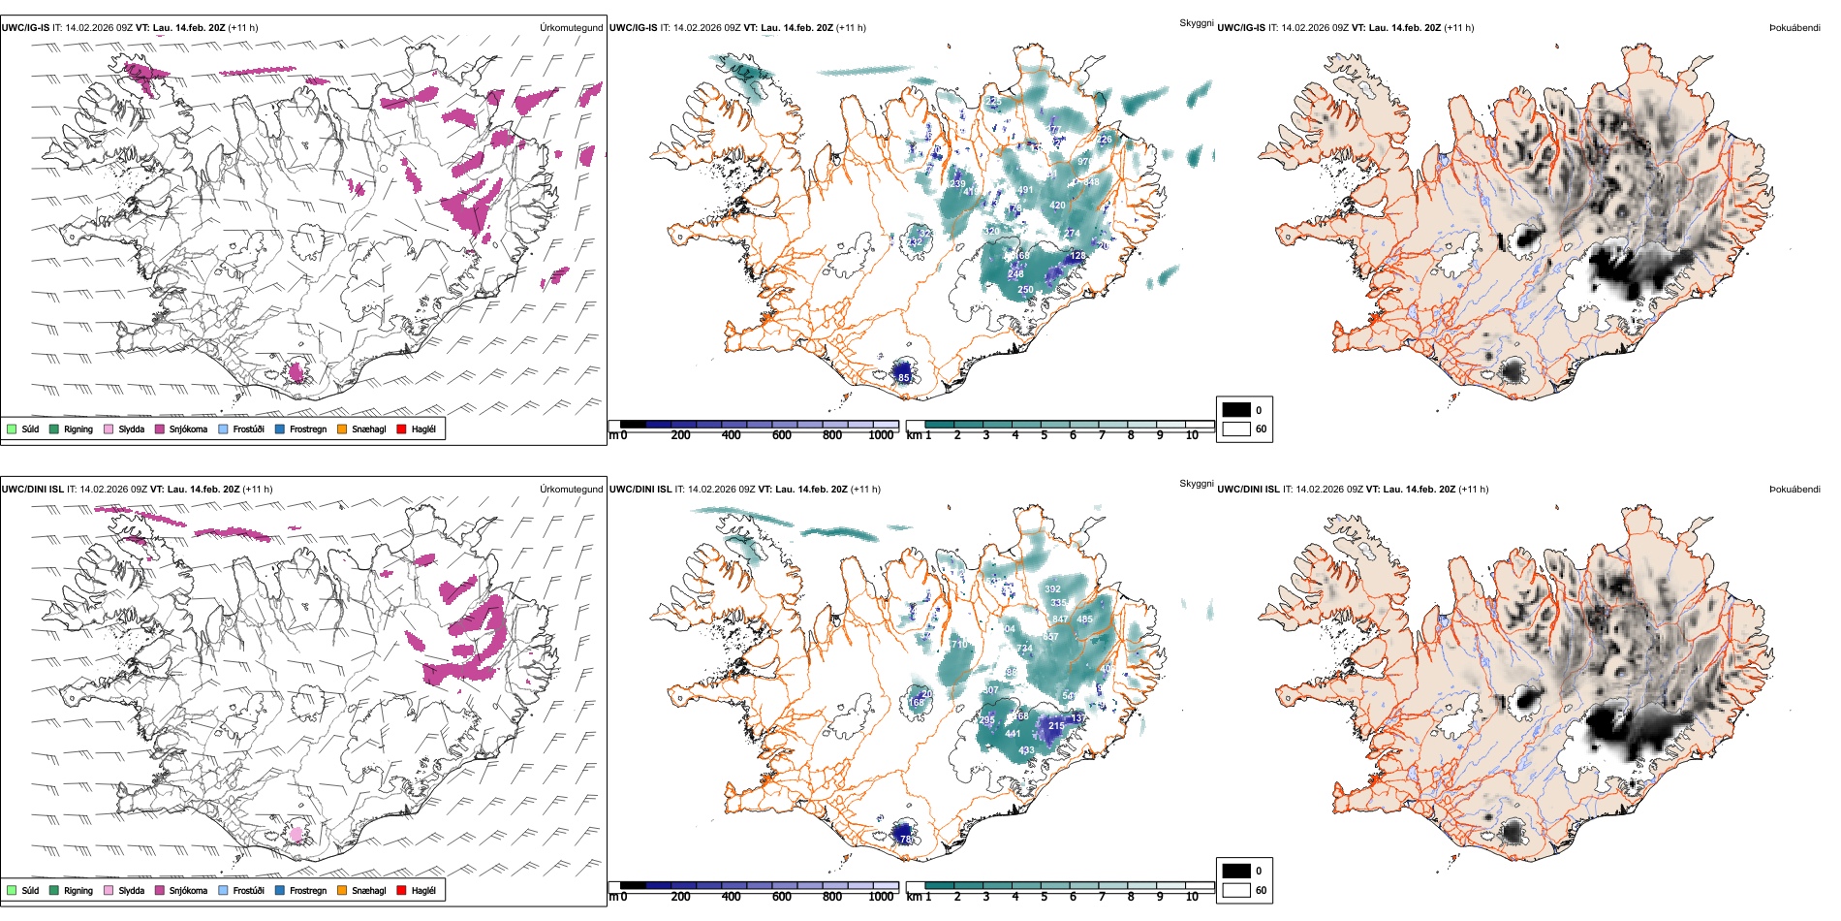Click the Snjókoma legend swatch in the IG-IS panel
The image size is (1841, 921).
click(160, 429)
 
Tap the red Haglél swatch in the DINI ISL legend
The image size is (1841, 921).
click(402, 890)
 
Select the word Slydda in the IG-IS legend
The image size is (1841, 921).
click(132, 429)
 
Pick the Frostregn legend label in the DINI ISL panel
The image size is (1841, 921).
click(308, 890)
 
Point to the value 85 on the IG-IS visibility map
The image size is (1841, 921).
click(904, 377)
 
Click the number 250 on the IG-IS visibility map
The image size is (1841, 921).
click(1025, 290)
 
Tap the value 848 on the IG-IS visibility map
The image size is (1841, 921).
click(1091, 182)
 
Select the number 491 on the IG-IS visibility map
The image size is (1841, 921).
click(1025, 190)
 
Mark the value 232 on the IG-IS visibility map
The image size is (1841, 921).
click(915, 242)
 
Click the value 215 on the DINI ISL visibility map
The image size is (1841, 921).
click(1056, 725)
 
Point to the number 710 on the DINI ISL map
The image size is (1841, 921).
click(959, 645)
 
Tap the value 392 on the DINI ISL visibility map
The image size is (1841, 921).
click(1052, 588)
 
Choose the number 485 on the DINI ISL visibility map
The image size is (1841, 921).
click(1084, 619)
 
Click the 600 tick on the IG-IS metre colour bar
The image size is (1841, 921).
click(782, 435)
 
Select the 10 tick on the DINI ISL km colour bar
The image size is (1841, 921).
click(1192, 897)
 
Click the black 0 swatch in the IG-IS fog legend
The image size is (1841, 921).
click(1236, 410)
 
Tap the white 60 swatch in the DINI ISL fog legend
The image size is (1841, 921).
click(1236, 890)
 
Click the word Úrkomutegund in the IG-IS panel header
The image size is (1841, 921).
click(571, 28)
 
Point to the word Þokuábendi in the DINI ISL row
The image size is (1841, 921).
click(1794, 490)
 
